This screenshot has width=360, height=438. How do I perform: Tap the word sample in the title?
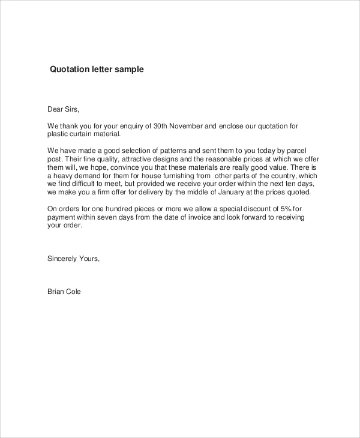pos(130,70)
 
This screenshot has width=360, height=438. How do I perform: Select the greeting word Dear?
pos(55,109)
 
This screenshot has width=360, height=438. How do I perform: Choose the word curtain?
pos(85,134)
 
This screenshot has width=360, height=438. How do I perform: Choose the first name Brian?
pos(56,292)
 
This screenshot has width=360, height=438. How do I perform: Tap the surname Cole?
pos(74,292)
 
